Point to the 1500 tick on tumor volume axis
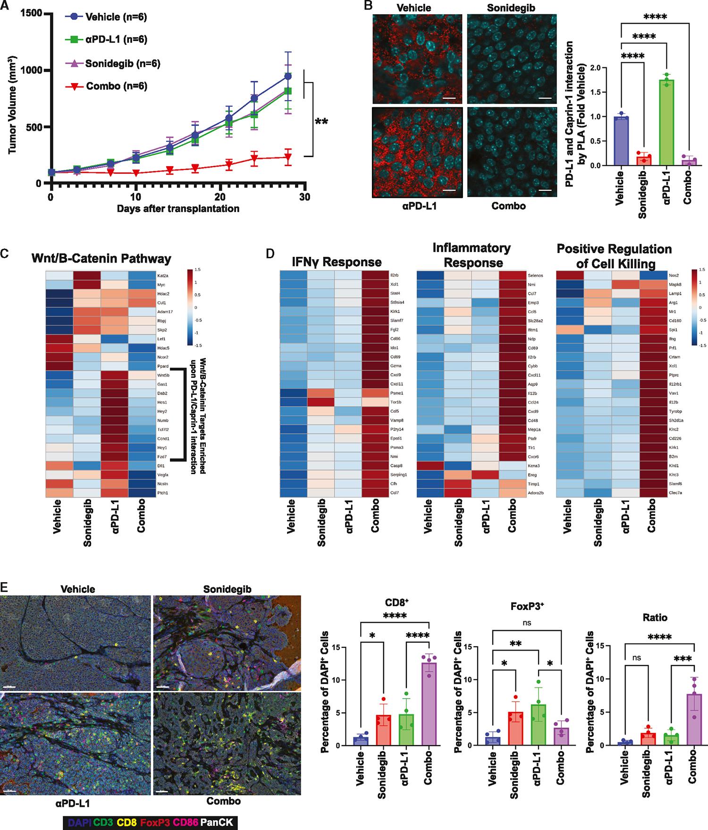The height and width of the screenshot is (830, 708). coord(31,14)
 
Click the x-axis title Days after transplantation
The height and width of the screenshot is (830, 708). coord(178,209)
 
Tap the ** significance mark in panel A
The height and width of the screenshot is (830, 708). coord(321,122)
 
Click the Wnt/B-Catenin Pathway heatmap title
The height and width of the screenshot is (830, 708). coord(101,259)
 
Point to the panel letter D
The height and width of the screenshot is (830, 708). coord(270,254)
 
